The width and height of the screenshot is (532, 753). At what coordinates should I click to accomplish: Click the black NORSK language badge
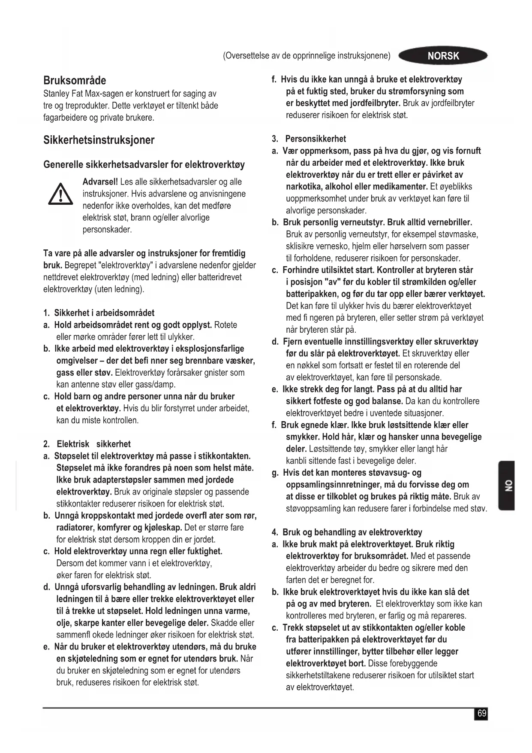point(443,56)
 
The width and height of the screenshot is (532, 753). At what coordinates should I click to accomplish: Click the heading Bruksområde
point(75,81)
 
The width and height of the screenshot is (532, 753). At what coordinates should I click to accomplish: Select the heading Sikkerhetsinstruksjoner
point(99,140)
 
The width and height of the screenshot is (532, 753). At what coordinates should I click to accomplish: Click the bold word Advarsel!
point(100,182)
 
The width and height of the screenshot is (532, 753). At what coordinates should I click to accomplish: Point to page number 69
point(482,714)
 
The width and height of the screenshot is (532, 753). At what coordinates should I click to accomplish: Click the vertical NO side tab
point(507,486)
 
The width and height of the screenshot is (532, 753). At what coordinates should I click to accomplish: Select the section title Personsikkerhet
point(316,139)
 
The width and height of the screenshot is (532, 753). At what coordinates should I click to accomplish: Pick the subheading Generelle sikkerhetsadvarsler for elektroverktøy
point(144,165)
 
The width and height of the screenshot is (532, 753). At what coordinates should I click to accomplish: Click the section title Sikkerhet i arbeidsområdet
point(104,313)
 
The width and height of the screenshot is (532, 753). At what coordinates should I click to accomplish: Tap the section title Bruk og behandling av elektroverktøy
point(352,532)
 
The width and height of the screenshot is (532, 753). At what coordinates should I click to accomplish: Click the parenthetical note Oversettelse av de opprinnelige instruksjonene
point(307,56)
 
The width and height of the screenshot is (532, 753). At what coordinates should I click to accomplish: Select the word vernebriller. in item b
point(450,222)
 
